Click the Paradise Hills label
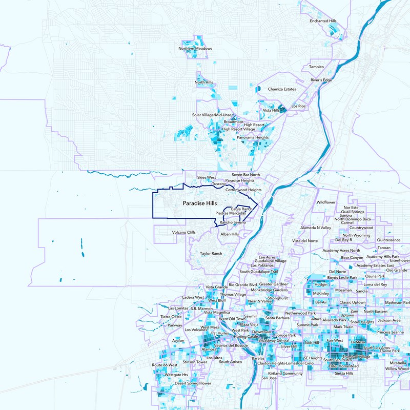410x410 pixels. pyautogui.click(x=199, y=203)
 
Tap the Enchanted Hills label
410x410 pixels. pyautogui.click(x=323, y=21)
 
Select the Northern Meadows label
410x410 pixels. pyautogui.click(x=195, y=49)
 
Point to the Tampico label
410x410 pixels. pyautogui.click(x=316, y=67)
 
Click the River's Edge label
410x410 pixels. pyautogui.click(x=321, y=80)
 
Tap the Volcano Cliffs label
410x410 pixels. pyautogui.click(x=184, y=232)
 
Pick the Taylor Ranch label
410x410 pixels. pyautogui.click(x=211, y=253)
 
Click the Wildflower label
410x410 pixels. pyautogui.click(x=325, y=202)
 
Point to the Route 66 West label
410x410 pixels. pyautogui.click(x=165, y=365)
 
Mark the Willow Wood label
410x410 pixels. pyautogui.click(x=398, y=368)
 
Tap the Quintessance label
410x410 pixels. pyautogui.click(x=388, y=239)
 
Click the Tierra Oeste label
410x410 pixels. pyautogui.click(x=171, y=317)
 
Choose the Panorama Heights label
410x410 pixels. pyautogui.click(x=253, y=137)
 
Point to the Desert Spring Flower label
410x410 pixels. pyautogui.click(x=193, y=383)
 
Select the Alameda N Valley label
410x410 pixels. pyautogui.click(x=316, y=228)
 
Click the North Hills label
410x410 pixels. pyautogui.click(x=203, y=82)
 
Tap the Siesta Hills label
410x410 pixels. pyautogui.click(x=343, y=374)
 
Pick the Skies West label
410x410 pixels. pyautogui.click(x=207, y=177)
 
